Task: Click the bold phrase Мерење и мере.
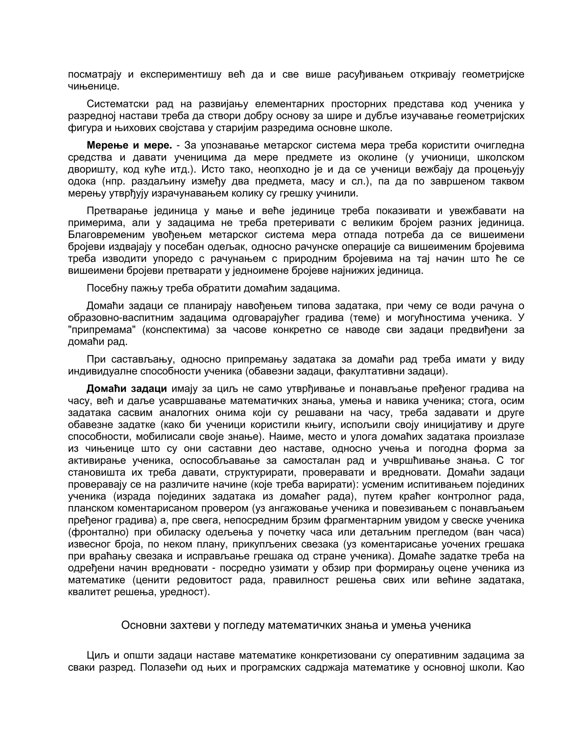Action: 129,145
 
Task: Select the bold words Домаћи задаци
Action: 127,389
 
